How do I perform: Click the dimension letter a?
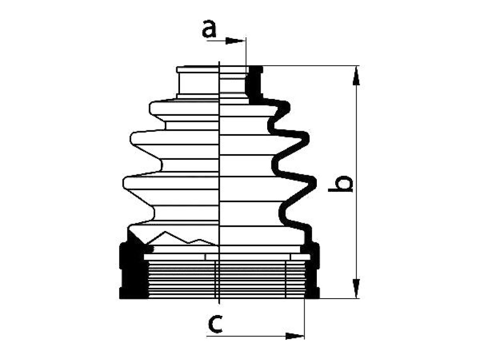tap(209, 29)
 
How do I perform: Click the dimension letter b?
tap(340, 184)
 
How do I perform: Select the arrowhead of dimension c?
tap(294, 336)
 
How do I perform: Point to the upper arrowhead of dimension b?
tap(356, 76)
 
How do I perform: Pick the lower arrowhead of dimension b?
tap(356, 288)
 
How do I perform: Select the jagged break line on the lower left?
tap(180, 238)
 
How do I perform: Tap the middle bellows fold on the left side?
tap(174, 138)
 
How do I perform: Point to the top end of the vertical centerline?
tap(219, 61)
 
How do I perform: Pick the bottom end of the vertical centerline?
tap(219, 303)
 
